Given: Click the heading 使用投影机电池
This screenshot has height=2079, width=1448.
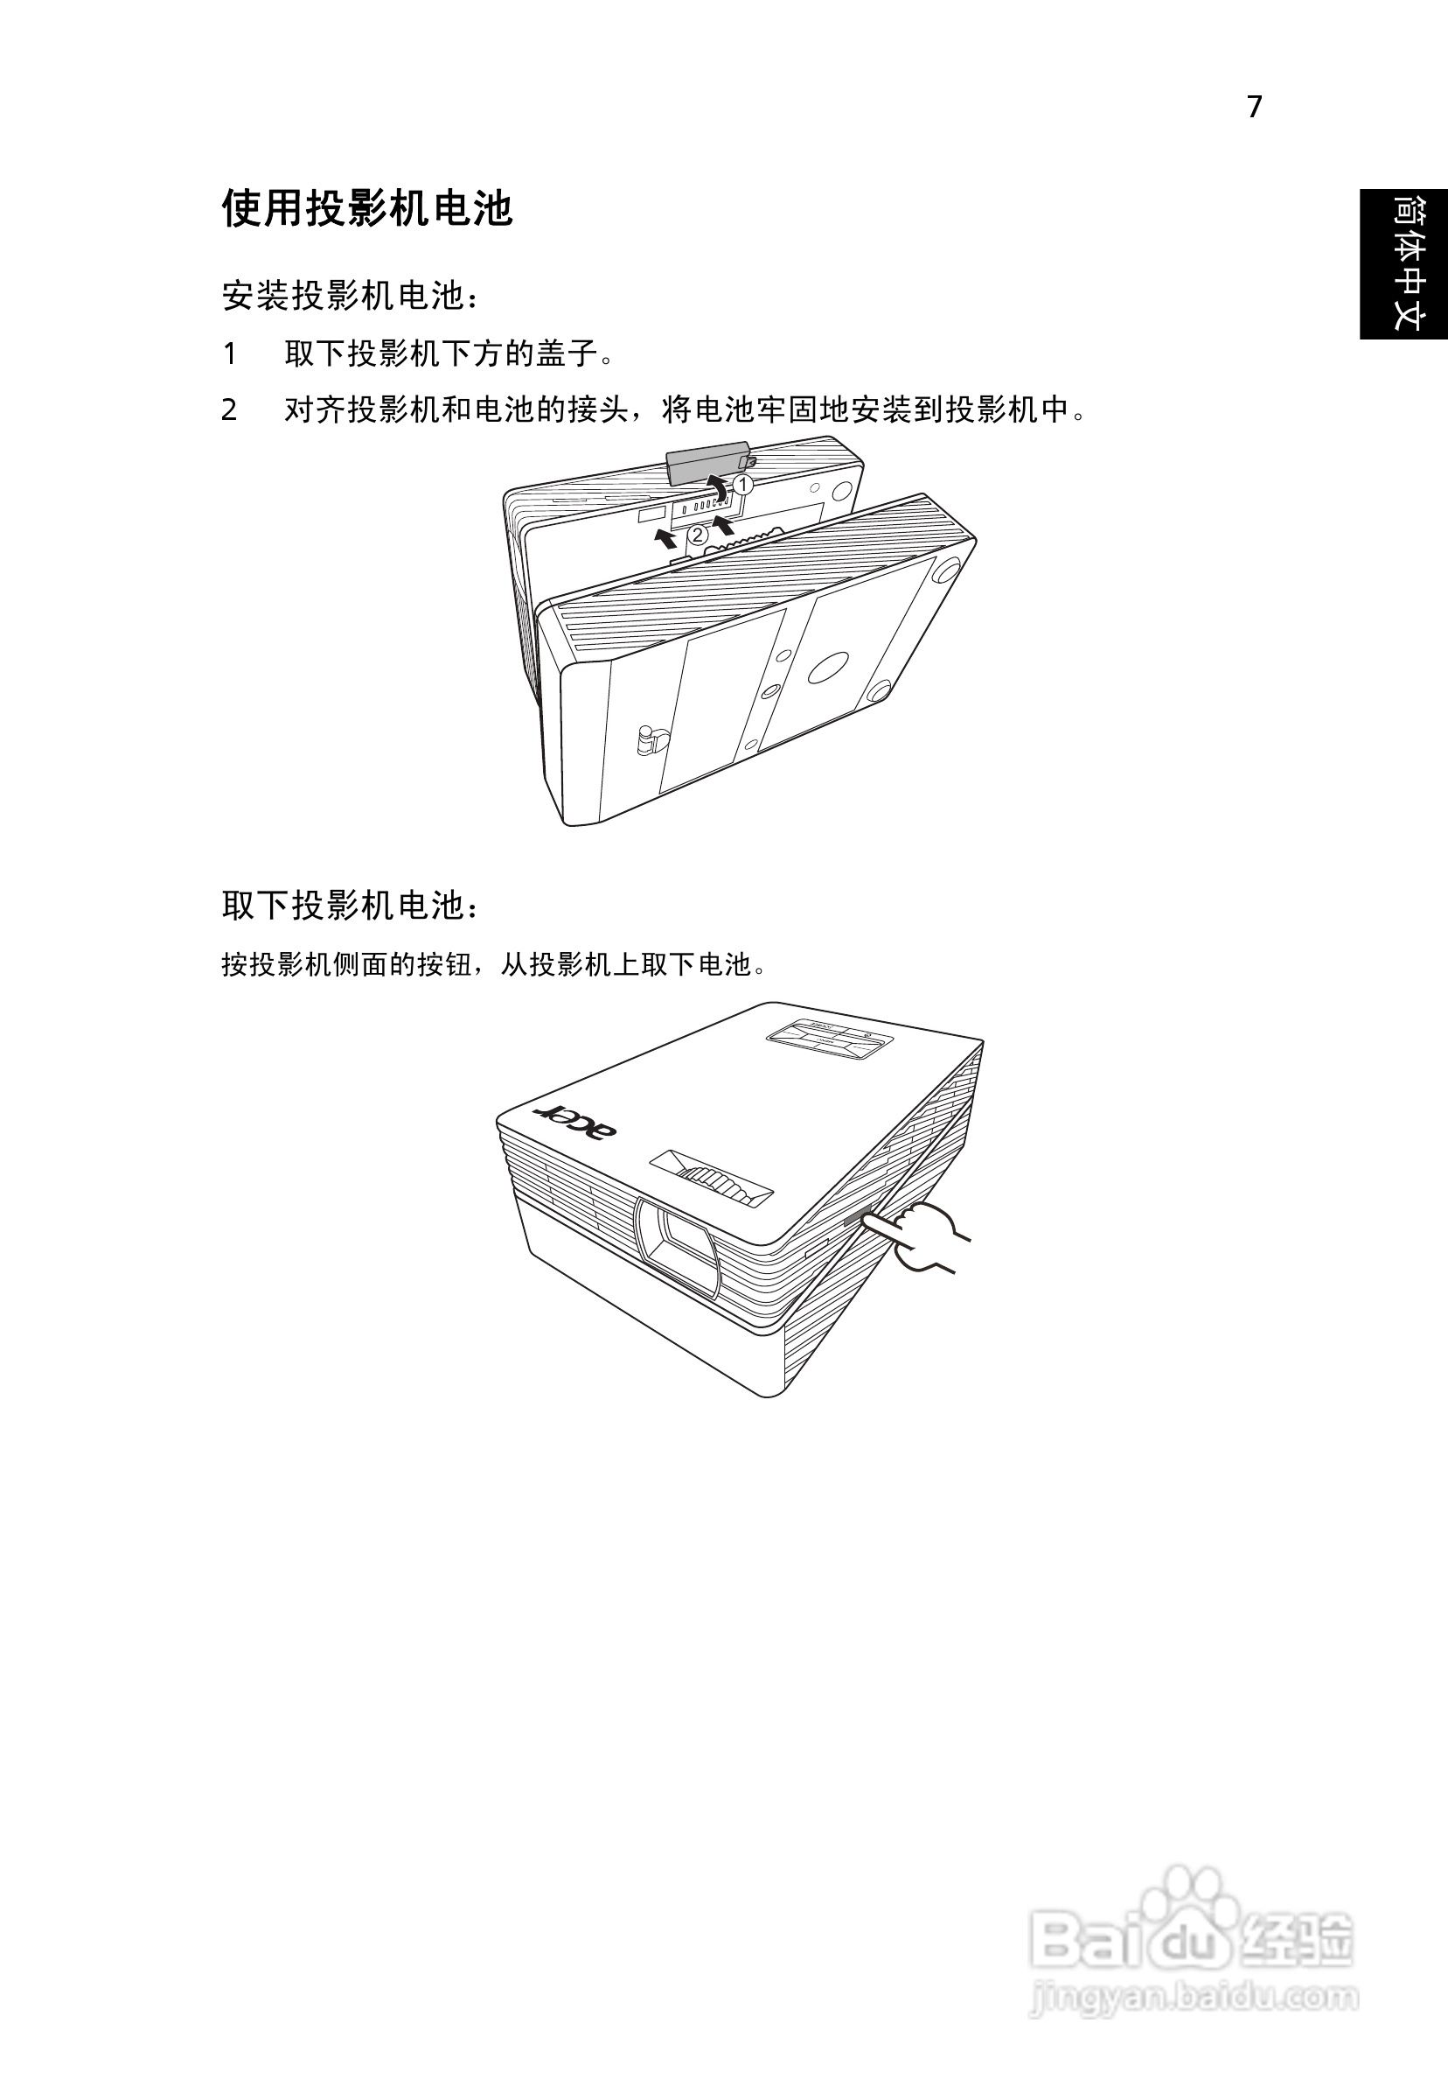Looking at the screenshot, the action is (x=367, y=209).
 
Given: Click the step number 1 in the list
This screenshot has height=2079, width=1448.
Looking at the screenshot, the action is (x=230, y=354).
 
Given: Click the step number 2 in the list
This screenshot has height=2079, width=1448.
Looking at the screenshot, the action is (x=230, y=410).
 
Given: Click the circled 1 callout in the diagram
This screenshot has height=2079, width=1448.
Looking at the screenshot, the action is (x=742, y=485).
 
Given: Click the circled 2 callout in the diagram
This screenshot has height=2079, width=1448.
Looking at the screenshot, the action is (x=698, y=535).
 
